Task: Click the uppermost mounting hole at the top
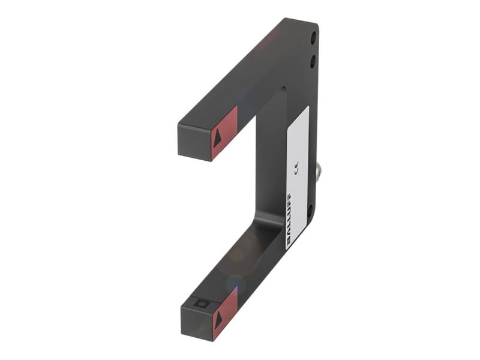313,38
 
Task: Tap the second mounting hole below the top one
313,61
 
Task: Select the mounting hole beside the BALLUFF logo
310,210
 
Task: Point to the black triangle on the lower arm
218,320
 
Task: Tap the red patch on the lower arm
226,312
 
